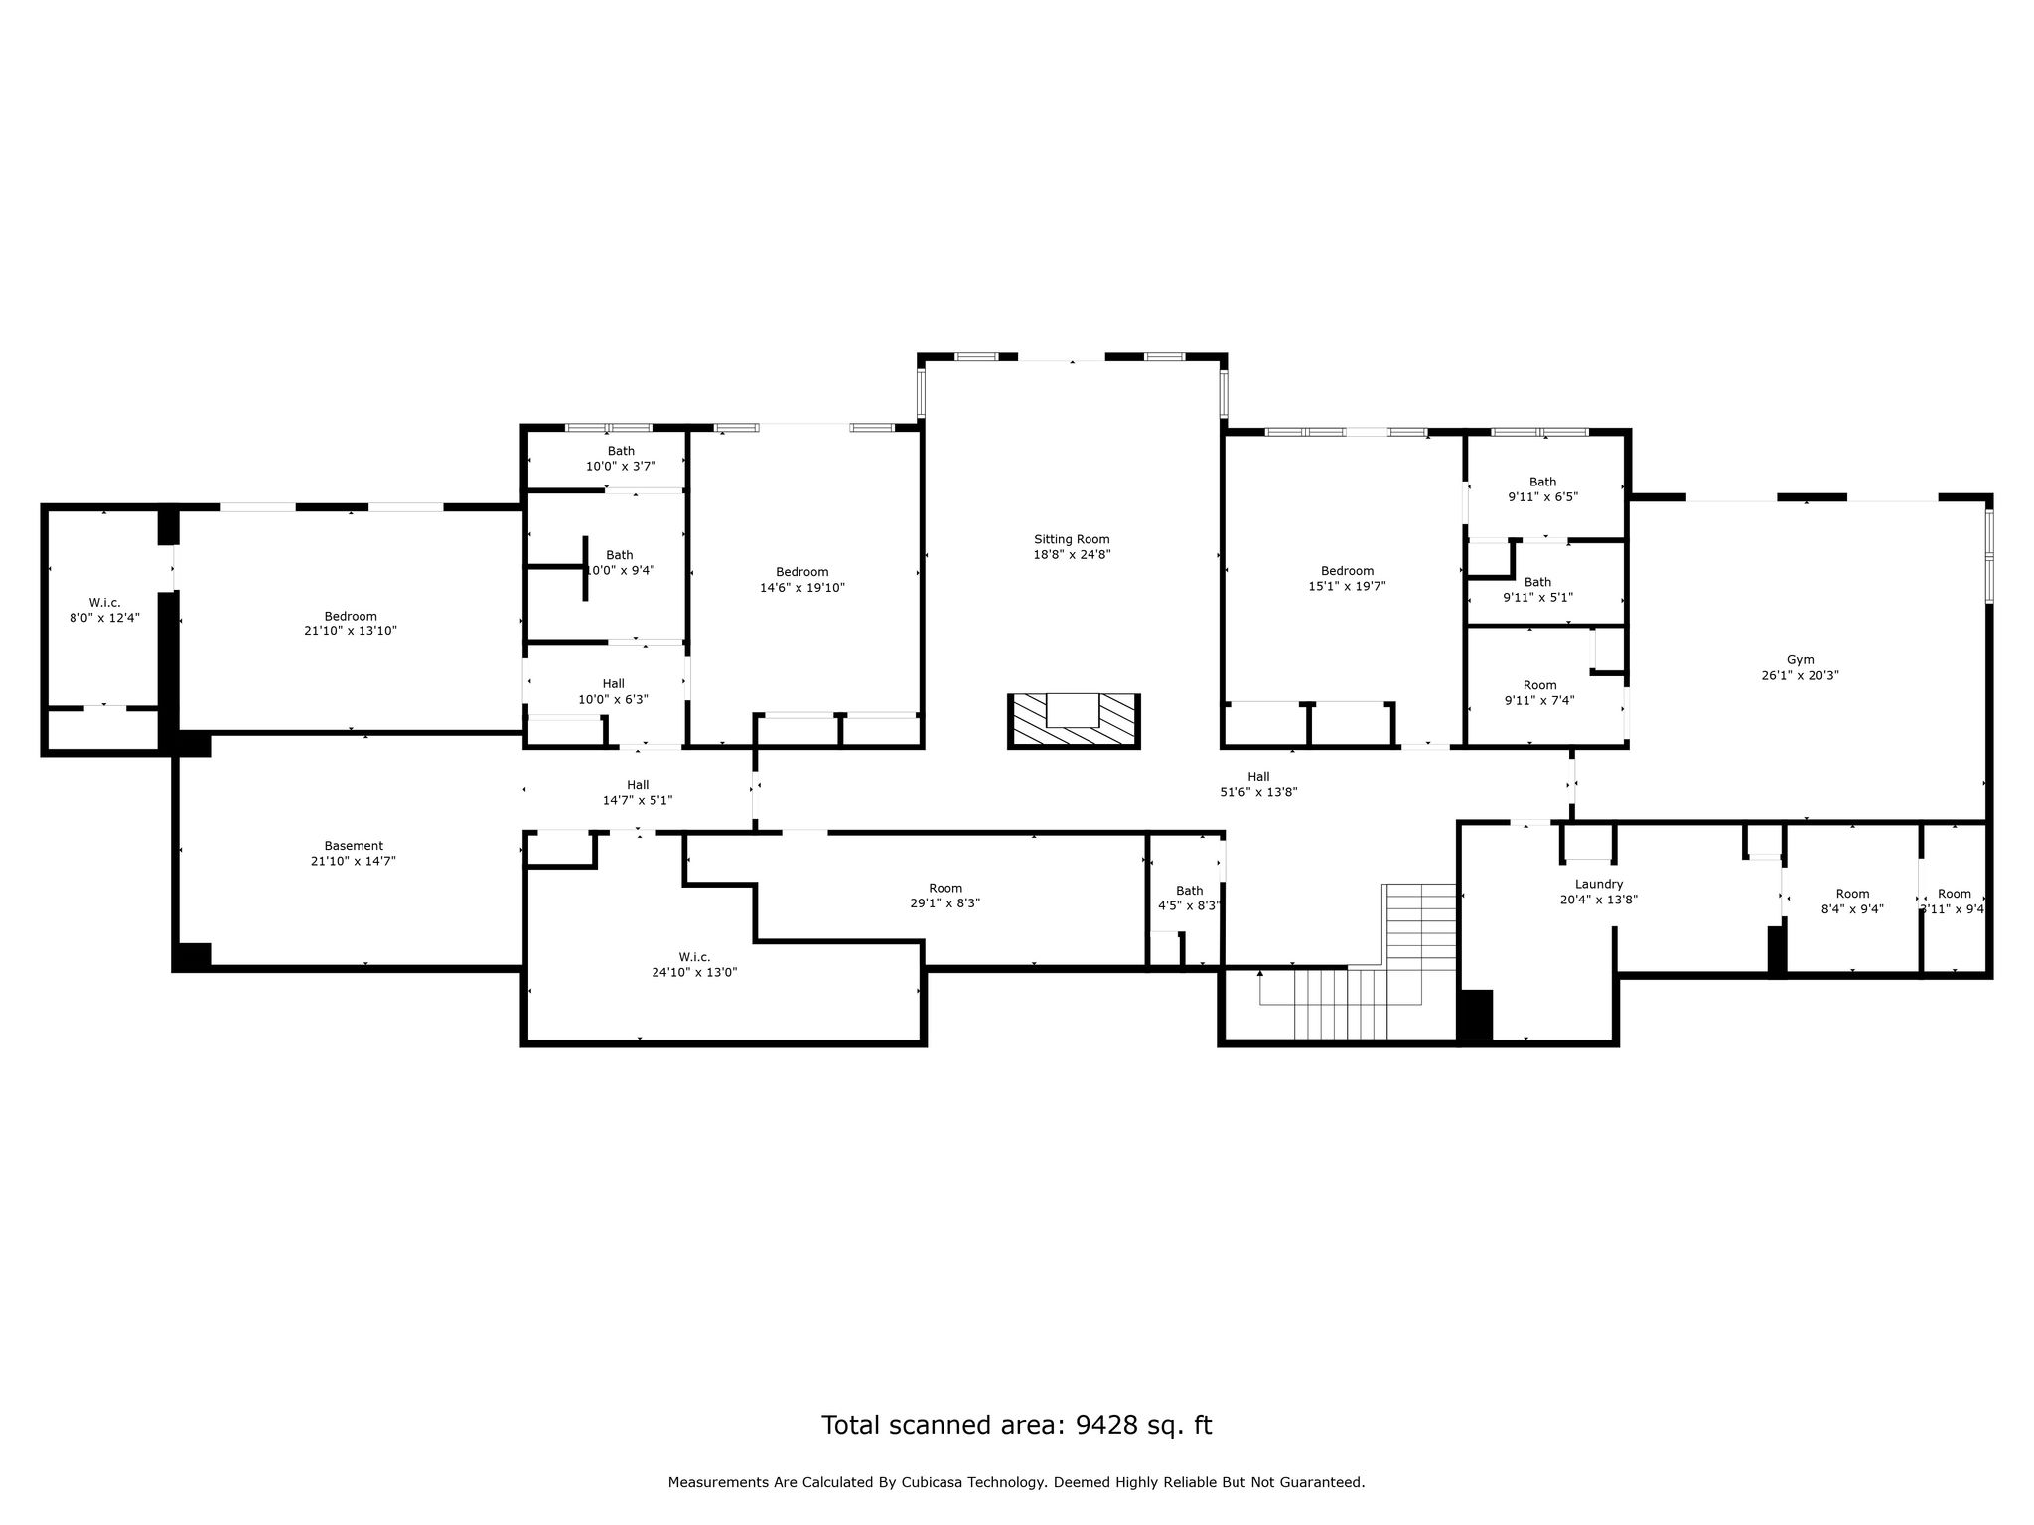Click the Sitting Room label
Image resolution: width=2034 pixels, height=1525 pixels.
coord(1072,540)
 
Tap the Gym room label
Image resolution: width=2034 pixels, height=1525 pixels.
coord(1800,660)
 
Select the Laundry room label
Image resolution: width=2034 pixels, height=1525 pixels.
coord(1599,885)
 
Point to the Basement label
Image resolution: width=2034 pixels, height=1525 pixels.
coord(354,846)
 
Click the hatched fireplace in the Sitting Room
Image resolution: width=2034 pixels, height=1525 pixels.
coord(1074,720)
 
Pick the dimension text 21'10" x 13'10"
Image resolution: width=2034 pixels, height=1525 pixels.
coord(351,631)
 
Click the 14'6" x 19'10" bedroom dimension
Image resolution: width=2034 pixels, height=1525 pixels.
coord(802,588)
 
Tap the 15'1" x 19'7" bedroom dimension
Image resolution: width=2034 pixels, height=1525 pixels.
coord(1348,587)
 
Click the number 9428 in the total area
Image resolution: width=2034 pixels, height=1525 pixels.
coord(1099,1425)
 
